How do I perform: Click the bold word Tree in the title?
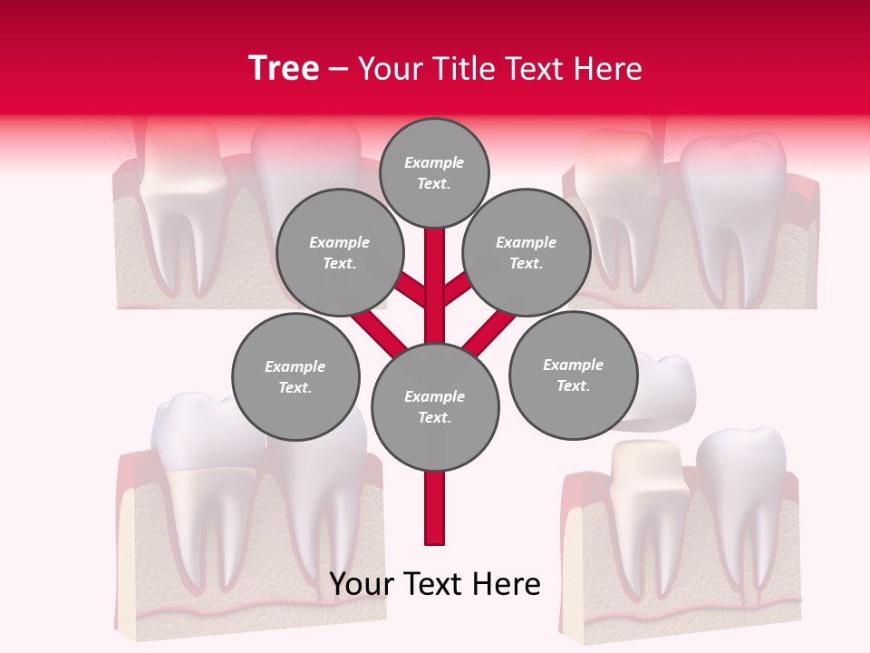coord(284,68)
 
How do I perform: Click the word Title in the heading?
coord(462,69)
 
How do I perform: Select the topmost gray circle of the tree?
coord(434,172)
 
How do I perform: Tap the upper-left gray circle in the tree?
coord(339,252)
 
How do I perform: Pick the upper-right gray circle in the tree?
coord(526,252)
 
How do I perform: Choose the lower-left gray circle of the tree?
coord(295,376)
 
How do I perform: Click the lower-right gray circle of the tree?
coord(573,375)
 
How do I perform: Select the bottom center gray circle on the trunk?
coord(435,406)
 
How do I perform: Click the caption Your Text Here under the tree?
coord(435,584)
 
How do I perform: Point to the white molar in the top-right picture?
coord(732,209)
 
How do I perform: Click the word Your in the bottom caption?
coord(361,584)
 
